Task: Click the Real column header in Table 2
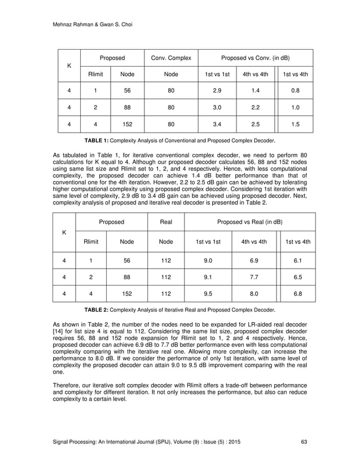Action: pos(166,222)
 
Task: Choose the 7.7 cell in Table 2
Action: pos(254,277)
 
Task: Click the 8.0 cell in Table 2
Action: pos(254,293)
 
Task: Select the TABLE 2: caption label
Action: pos(98,310)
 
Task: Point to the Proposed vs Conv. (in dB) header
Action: pos(256,58)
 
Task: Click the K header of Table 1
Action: pos(69,65)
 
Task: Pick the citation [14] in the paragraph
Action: pos(59,332)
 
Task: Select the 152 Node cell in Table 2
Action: pos(128,293)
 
